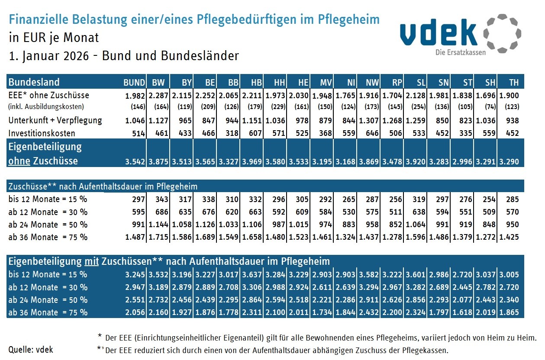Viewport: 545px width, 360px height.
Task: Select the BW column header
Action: pos(158,83)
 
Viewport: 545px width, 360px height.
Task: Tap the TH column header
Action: pos(513,83)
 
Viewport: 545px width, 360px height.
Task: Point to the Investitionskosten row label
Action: pos(42,133)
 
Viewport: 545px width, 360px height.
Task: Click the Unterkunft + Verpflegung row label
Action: pos(55,120)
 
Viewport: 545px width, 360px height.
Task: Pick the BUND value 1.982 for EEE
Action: pos(135,95)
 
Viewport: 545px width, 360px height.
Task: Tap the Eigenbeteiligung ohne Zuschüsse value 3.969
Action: pos(251,162)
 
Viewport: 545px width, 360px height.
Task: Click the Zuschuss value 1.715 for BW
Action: pos(158,237)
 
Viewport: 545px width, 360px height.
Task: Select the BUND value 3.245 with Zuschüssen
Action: pos(135,275)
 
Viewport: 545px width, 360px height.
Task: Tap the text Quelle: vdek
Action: pos(31,350)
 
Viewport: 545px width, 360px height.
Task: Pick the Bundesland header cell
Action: pos(34,83)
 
